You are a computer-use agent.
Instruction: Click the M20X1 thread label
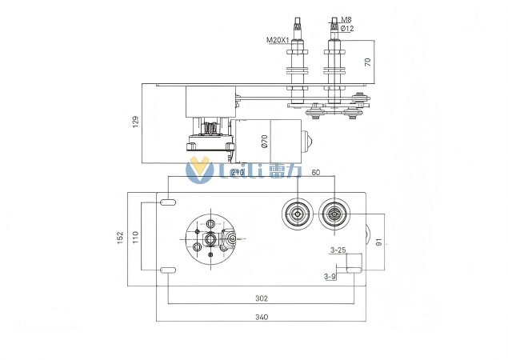tap(278, 39)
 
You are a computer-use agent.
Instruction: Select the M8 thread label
tap(346, 19)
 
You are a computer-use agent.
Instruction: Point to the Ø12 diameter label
tap(346, 29)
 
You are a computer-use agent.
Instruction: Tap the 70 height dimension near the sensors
tap(368, 62)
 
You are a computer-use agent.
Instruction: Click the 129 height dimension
tap(135, 122)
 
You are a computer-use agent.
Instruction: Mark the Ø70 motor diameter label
tap(264, 142)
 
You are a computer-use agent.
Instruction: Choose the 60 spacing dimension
tap(315, 173)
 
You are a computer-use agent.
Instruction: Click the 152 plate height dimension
tap(119, 238)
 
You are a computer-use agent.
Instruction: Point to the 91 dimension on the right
tap(379, 242)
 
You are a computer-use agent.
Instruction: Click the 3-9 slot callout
tap(330, 277)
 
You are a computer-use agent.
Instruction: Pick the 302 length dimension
tap(261, 298)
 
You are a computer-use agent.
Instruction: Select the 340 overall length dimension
tap(261, 317)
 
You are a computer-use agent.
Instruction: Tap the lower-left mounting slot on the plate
tap(168, 270)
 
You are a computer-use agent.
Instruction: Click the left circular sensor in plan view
tap(298, 214)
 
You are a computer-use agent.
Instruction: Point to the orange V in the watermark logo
tap(197, 170)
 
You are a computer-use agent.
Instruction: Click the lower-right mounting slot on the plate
tap(353, 270)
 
